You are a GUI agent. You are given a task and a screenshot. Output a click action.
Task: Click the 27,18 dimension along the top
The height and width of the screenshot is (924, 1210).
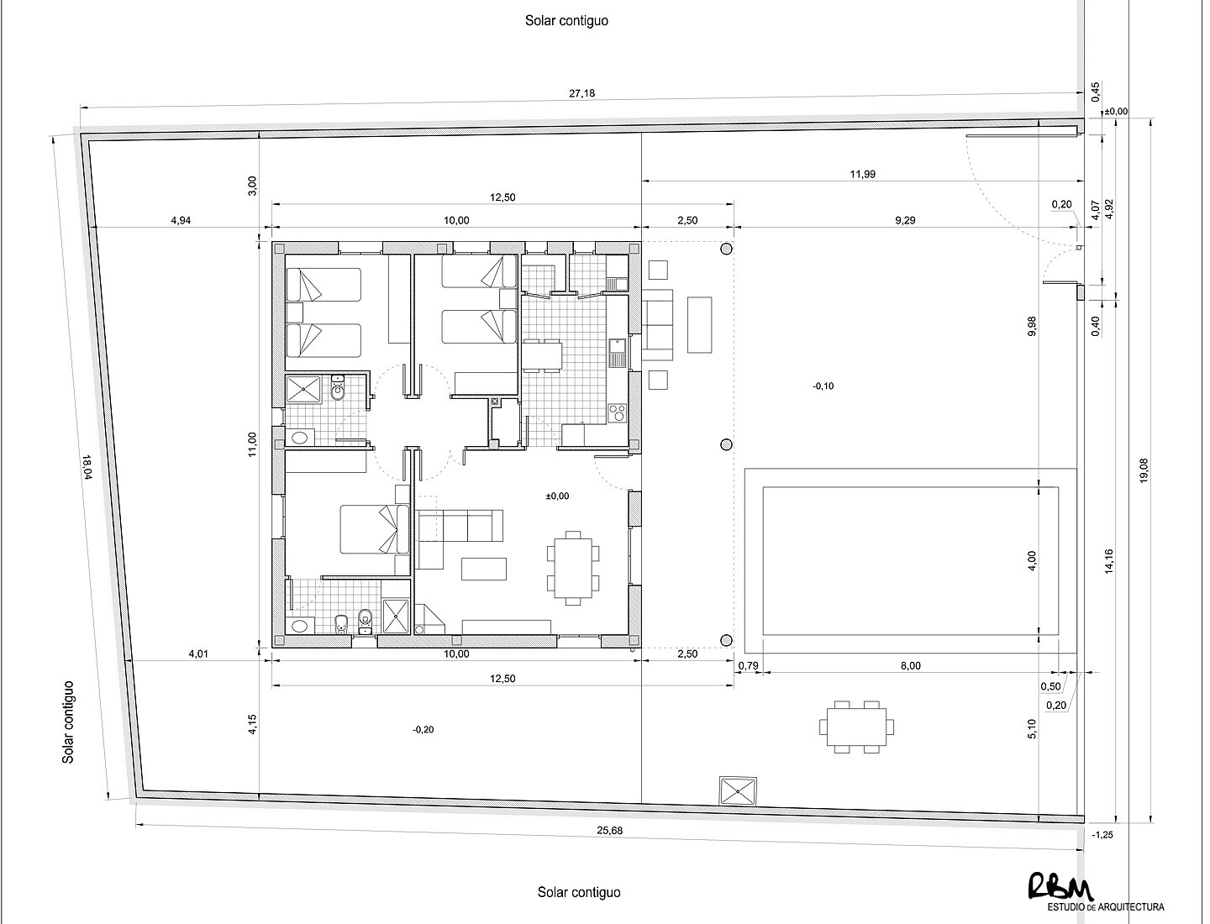point(581,93)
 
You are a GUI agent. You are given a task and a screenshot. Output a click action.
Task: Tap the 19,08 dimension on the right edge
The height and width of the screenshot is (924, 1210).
point(1144,470)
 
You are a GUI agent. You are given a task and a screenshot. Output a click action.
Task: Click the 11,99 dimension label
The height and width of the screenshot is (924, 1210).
point(862,174)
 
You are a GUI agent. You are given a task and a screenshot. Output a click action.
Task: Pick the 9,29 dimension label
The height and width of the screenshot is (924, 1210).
point(905,220)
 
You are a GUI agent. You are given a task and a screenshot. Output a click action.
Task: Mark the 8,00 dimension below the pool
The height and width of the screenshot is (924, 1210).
point(910,666)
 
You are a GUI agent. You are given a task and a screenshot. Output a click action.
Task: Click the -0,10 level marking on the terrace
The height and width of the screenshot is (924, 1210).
point(823,386)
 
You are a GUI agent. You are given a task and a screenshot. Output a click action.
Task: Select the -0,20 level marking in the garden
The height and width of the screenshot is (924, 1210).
point(423,730)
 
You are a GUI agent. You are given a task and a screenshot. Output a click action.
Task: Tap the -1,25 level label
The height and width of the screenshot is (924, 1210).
point(1102,835)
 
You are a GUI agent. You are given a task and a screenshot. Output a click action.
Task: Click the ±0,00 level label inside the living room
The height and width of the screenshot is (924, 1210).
point(557,496)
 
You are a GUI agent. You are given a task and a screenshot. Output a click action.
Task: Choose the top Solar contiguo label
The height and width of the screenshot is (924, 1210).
point(566,21)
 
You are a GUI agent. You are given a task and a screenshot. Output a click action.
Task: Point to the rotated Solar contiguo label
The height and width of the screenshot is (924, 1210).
point(68,722)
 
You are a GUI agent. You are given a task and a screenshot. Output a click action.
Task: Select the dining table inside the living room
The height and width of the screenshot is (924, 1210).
point(573,567)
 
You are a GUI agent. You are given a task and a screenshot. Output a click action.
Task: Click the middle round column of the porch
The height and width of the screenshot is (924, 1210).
point(727,444)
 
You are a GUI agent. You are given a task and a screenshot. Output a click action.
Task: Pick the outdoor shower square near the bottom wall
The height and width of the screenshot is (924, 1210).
point(739,790)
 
